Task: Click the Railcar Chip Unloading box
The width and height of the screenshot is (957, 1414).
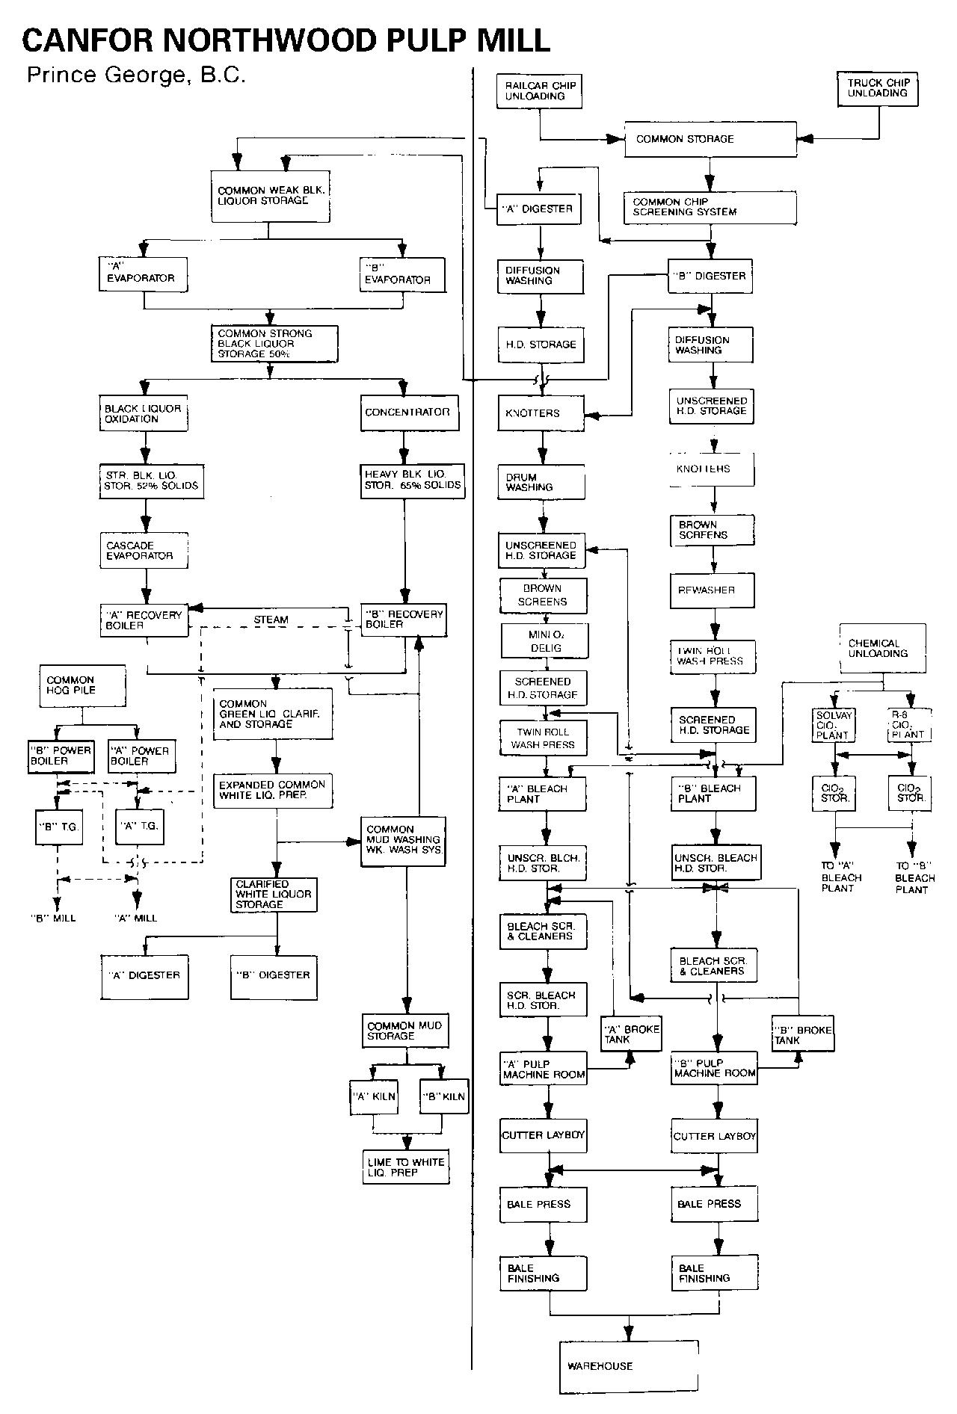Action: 539,91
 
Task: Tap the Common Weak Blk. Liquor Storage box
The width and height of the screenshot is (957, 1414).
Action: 269,196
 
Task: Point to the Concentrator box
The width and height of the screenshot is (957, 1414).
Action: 406,413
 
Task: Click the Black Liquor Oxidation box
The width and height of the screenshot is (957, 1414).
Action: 143,414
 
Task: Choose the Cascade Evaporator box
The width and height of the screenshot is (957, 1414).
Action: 144,551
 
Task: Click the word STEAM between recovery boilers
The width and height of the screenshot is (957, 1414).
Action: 271,620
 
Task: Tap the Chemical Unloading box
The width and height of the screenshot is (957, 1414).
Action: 882,648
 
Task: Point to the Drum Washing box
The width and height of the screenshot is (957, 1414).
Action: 542,482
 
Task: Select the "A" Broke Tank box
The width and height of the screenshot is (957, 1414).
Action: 631,1034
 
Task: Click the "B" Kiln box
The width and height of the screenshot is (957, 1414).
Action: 443,1096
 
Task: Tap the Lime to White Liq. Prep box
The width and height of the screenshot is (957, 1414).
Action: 406,1167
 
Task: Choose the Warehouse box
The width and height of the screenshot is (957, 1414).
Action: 628,1366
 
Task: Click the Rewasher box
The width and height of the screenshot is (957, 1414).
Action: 712,590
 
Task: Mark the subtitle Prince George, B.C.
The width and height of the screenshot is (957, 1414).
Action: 135,75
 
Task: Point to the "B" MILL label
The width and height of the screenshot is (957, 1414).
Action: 53,918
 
